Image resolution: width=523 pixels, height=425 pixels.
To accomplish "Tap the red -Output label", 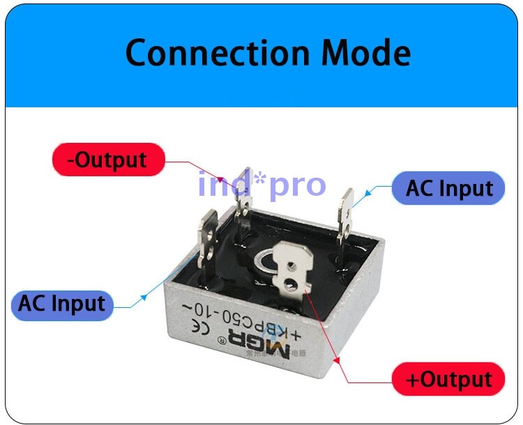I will pyautogui.click(x=108, y=160).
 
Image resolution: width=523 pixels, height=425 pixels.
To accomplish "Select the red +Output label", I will pyautogui.click(x=448, y=380).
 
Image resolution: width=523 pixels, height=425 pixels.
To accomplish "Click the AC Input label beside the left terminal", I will pyautogui.click(x=61, y=304).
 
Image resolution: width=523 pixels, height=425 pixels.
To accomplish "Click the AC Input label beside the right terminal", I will pyautogui.click(x=448, y=188).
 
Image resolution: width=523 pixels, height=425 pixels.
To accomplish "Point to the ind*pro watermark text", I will pyautogui.click(x=261, y=185).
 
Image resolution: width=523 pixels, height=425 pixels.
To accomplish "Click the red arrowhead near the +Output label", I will pyautogui.click(x=339, y=360).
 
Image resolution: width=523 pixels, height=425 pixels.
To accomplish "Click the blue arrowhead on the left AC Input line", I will pyautogui.click(x=144, y=297).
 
